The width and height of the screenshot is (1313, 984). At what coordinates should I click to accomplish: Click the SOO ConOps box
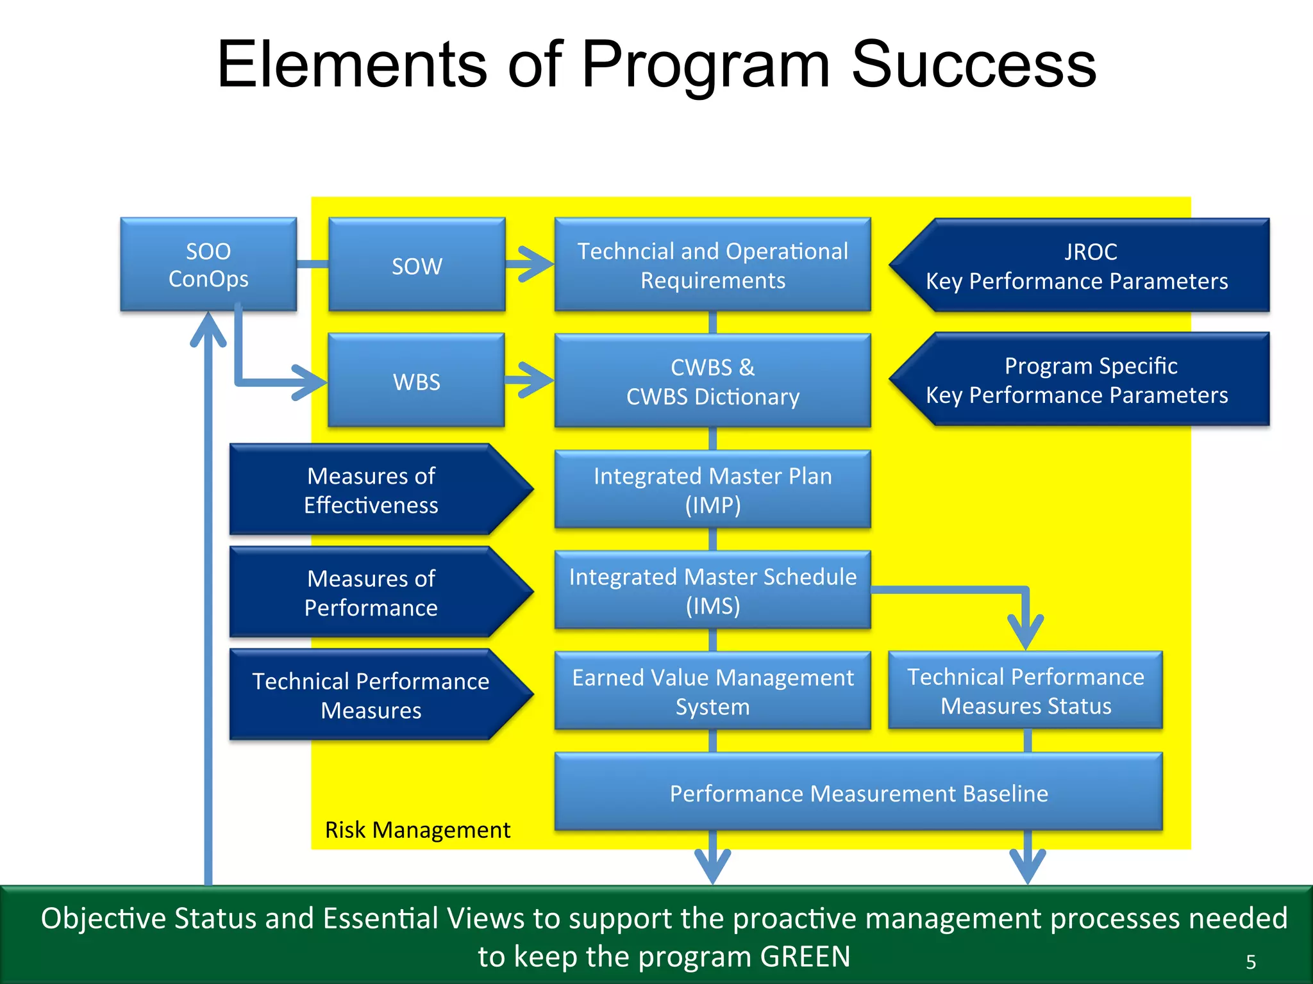208,265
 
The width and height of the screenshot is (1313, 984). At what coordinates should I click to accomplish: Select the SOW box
417,265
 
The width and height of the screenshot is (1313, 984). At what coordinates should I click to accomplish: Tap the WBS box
417,381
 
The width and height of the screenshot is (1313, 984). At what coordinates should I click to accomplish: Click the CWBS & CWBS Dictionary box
713,381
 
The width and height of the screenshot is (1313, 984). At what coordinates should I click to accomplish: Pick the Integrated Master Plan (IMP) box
713,490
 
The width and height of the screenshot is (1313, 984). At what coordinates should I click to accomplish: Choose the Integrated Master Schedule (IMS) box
713,590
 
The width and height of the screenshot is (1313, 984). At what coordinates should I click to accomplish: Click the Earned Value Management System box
713,691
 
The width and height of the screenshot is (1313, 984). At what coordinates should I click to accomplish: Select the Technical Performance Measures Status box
1026,691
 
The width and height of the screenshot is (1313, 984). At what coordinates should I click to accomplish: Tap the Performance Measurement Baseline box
859,792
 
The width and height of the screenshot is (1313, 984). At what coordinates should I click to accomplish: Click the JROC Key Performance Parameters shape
1080,265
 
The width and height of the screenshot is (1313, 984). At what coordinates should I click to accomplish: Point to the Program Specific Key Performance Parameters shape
1080,379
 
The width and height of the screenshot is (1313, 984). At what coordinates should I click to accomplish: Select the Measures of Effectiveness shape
381,489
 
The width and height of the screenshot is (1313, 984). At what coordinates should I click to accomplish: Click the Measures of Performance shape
381,592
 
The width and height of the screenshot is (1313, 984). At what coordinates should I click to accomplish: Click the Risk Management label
417,830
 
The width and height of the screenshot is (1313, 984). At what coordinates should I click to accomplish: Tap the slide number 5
1251,962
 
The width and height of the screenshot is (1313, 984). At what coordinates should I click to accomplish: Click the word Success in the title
974,64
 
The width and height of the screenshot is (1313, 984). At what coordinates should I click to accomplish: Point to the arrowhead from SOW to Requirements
536,264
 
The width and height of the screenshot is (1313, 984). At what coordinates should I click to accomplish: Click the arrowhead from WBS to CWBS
536,380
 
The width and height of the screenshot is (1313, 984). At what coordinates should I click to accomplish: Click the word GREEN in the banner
805,956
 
